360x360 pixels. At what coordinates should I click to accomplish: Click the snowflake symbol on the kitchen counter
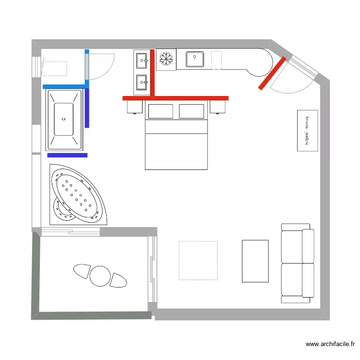(166, 60)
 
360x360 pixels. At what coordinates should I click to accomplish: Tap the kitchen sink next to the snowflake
(195, 60)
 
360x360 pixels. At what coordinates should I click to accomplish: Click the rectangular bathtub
(64, 120)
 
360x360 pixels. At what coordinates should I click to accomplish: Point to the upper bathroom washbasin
(142, 60)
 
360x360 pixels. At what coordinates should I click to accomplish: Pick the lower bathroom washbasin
(142, 82)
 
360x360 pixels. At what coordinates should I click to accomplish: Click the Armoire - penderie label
(307, 130)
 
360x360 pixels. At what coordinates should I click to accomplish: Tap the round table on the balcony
(100, 276)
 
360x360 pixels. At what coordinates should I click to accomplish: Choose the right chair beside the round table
(118, 280)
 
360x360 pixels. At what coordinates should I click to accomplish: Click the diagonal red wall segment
(272, 73)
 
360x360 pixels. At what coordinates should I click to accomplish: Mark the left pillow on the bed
(160, 111)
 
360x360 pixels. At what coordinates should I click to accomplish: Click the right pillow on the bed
(192, 111)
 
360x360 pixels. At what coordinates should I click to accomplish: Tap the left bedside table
(135, 107)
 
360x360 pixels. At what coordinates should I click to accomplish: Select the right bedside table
(218, 107)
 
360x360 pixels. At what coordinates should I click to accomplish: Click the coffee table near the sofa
(255, 261)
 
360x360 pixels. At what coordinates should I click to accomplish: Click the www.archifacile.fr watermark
(331, 344)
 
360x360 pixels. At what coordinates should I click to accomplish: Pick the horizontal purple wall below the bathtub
(67, 155)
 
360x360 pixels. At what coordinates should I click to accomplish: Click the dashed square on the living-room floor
(198, 260)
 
